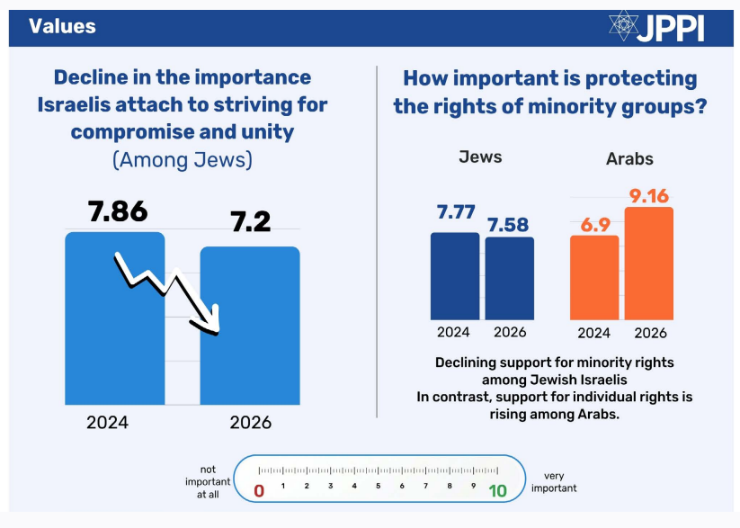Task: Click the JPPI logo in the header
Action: click(x=655, y=26)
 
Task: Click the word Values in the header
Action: click(x=62, y=26)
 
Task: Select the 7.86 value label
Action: click(x=117, y=212)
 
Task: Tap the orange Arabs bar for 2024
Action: click(x=594, y=278)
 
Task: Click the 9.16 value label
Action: click(x=649, y=194)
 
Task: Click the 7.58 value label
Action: click(x=509, y=223)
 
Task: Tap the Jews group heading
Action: click(x=481, y=157)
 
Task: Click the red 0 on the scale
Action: click(x=259, y=490)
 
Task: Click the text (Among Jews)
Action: click(x=183, y=160)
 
